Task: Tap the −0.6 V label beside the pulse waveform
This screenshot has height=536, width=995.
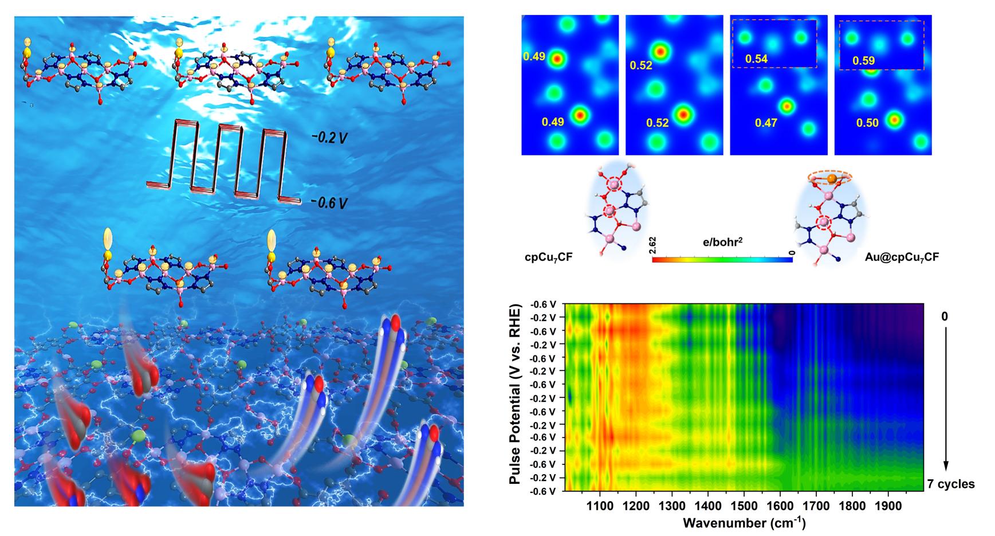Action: point(329,202)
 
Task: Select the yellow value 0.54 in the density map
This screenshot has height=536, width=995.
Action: point(756,58)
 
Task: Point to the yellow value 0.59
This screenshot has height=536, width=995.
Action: point(863,60)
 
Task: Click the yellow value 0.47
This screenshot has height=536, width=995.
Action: point(766,123)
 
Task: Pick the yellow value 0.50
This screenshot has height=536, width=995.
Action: point(867,123)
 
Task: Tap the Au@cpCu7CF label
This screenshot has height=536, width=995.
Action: point(902,258)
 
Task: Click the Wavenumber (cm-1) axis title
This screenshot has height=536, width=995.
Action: point(744,523)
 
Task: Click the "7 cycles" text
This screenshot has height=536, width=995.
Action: point(951,484)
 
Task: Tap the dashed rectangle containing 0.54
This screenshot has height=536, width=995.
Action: point(774,44)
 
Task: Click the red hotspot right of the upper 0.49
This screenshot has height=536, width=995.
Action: point(557,58)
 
